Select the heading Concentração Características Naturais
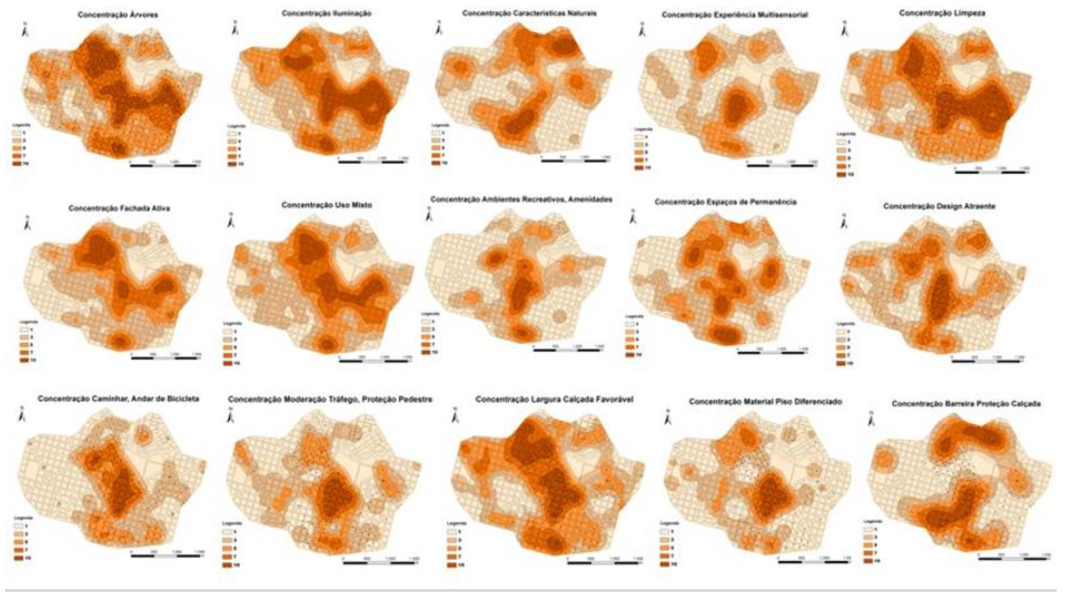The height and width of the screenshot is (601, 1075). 529,13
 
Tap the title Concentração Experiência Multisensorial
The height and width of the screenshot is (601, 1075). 734,15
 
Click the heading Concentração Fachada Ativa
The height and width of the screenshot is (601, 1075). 119,208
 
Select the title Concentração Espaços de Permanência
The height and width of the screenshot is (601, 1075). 725,202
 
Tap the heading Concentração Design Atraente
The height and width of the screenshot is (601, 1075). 939,206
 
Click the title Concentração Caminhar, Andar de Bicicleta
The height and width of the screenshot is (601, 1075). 118,399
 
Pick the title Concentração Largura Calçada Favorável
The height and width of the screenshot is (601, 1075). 554,400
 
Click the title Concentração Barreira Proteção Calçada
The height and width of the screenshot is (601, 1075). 966,404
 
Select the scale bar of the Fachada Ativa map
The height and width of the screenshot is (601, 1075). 166,358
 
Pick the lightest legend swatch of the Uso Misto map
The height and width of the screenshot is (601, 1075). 227,331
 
